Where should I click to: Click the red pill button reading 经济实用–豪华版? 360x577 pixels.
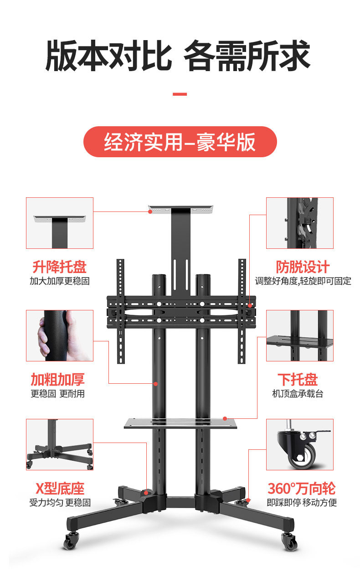180,142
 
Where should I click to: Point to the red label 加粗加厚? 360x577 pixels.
58,380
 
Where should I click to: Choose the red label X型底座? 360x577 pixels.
60,489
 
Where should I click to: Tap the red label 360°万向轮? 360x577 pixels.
302,489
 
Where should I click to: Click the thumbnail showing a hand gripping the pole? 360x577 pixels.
60,335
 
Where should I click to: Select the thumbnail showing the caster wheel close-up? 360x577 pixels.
300,444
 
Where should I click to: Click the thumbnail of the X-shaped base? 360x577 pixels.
60,444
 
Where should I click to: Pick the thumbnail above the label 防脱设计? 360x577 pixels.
300,223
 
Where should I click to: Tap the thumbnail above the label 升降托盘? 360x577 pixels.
60,223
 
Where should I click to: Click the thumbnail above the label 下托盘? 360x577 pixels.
300,335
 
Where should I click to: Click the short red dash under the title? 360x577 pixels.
180,94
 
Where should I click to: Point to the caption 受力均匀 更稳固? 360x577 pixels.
60,503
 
